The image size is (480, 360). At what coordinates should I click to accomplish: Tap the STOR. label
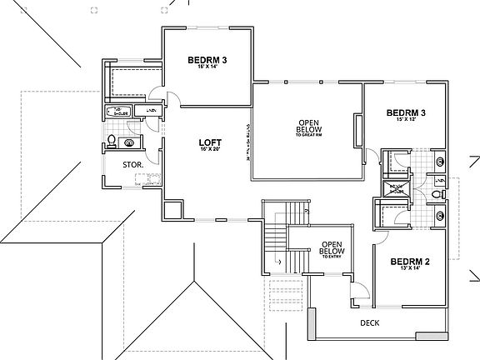click(x=132, y=165)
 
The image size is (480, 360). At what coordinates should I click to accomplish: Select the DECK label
click(x=369, y=323)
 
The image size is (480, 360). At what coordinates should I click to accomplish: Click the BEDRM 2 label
click(x=409, y=261)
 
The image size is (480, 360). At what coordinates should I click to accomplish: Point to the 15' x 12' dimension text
click(x=406, y=120)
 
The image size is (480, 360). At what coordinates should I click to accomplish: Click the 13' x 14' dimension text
click(x=409, y=270)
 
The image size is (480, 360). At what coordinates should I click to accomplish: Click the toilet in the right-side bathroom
click(x=437, y=197)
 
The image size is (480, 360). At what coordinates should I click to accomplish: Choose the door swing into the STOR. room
click(x=151, y=156)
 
